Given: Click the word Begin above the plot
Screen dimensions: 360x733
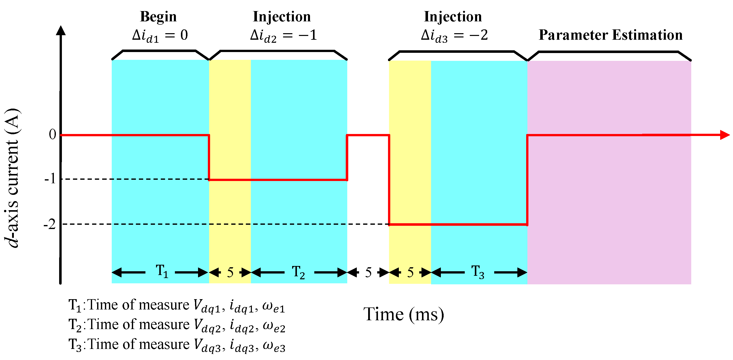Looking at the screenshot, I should [158, 17].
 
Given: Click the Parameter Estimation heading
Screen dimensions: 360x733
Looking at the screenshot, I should [610, 35].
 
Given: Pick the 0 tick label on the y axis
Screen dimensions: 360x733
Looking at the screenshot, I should [52, 134].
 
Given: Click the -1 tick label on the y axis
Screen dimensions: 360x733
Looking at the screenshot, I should [50, 179].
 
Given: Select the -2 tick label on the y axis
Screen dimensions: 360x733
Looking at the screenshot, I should [50, 224].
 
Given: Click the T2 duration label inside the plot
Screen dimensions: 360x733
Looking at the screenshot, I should [298, 272].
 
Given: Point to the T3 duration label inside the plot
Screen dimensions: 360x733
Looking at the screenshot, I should [478, 272].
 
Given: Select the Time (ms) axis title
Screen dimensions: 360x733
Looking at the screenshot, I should [404, 314].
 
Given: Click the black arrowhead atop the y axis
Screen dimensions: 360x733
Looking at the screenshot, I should [61, 31].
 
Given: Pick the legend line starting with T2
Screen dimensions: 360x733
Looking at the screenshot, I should [176, 325].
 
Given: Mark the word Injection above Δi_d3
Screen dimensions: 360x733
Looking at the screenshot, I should [453, 17].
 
